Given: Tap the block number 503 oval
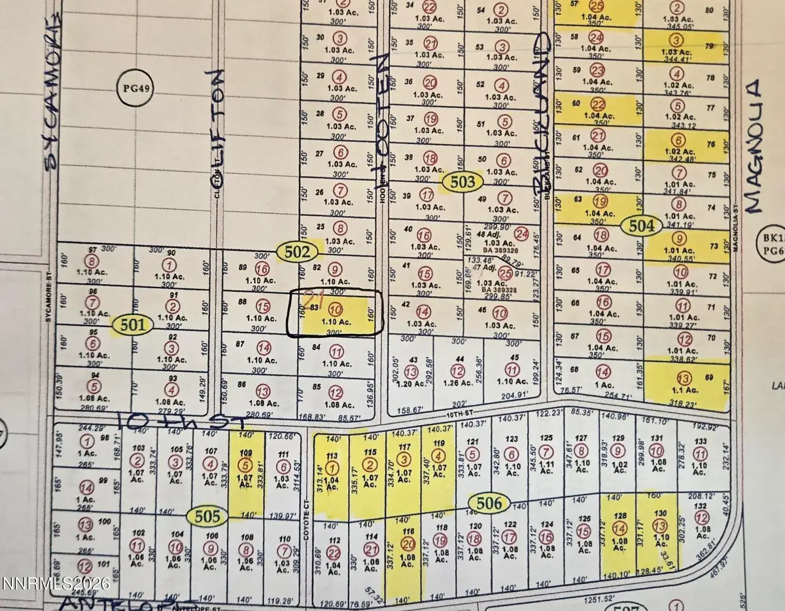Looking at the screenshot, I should coord(461,181).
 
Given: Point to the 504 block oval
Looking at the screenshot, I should coord(642,227).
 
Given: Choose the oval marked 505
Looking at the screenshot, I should coord(208,517).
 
